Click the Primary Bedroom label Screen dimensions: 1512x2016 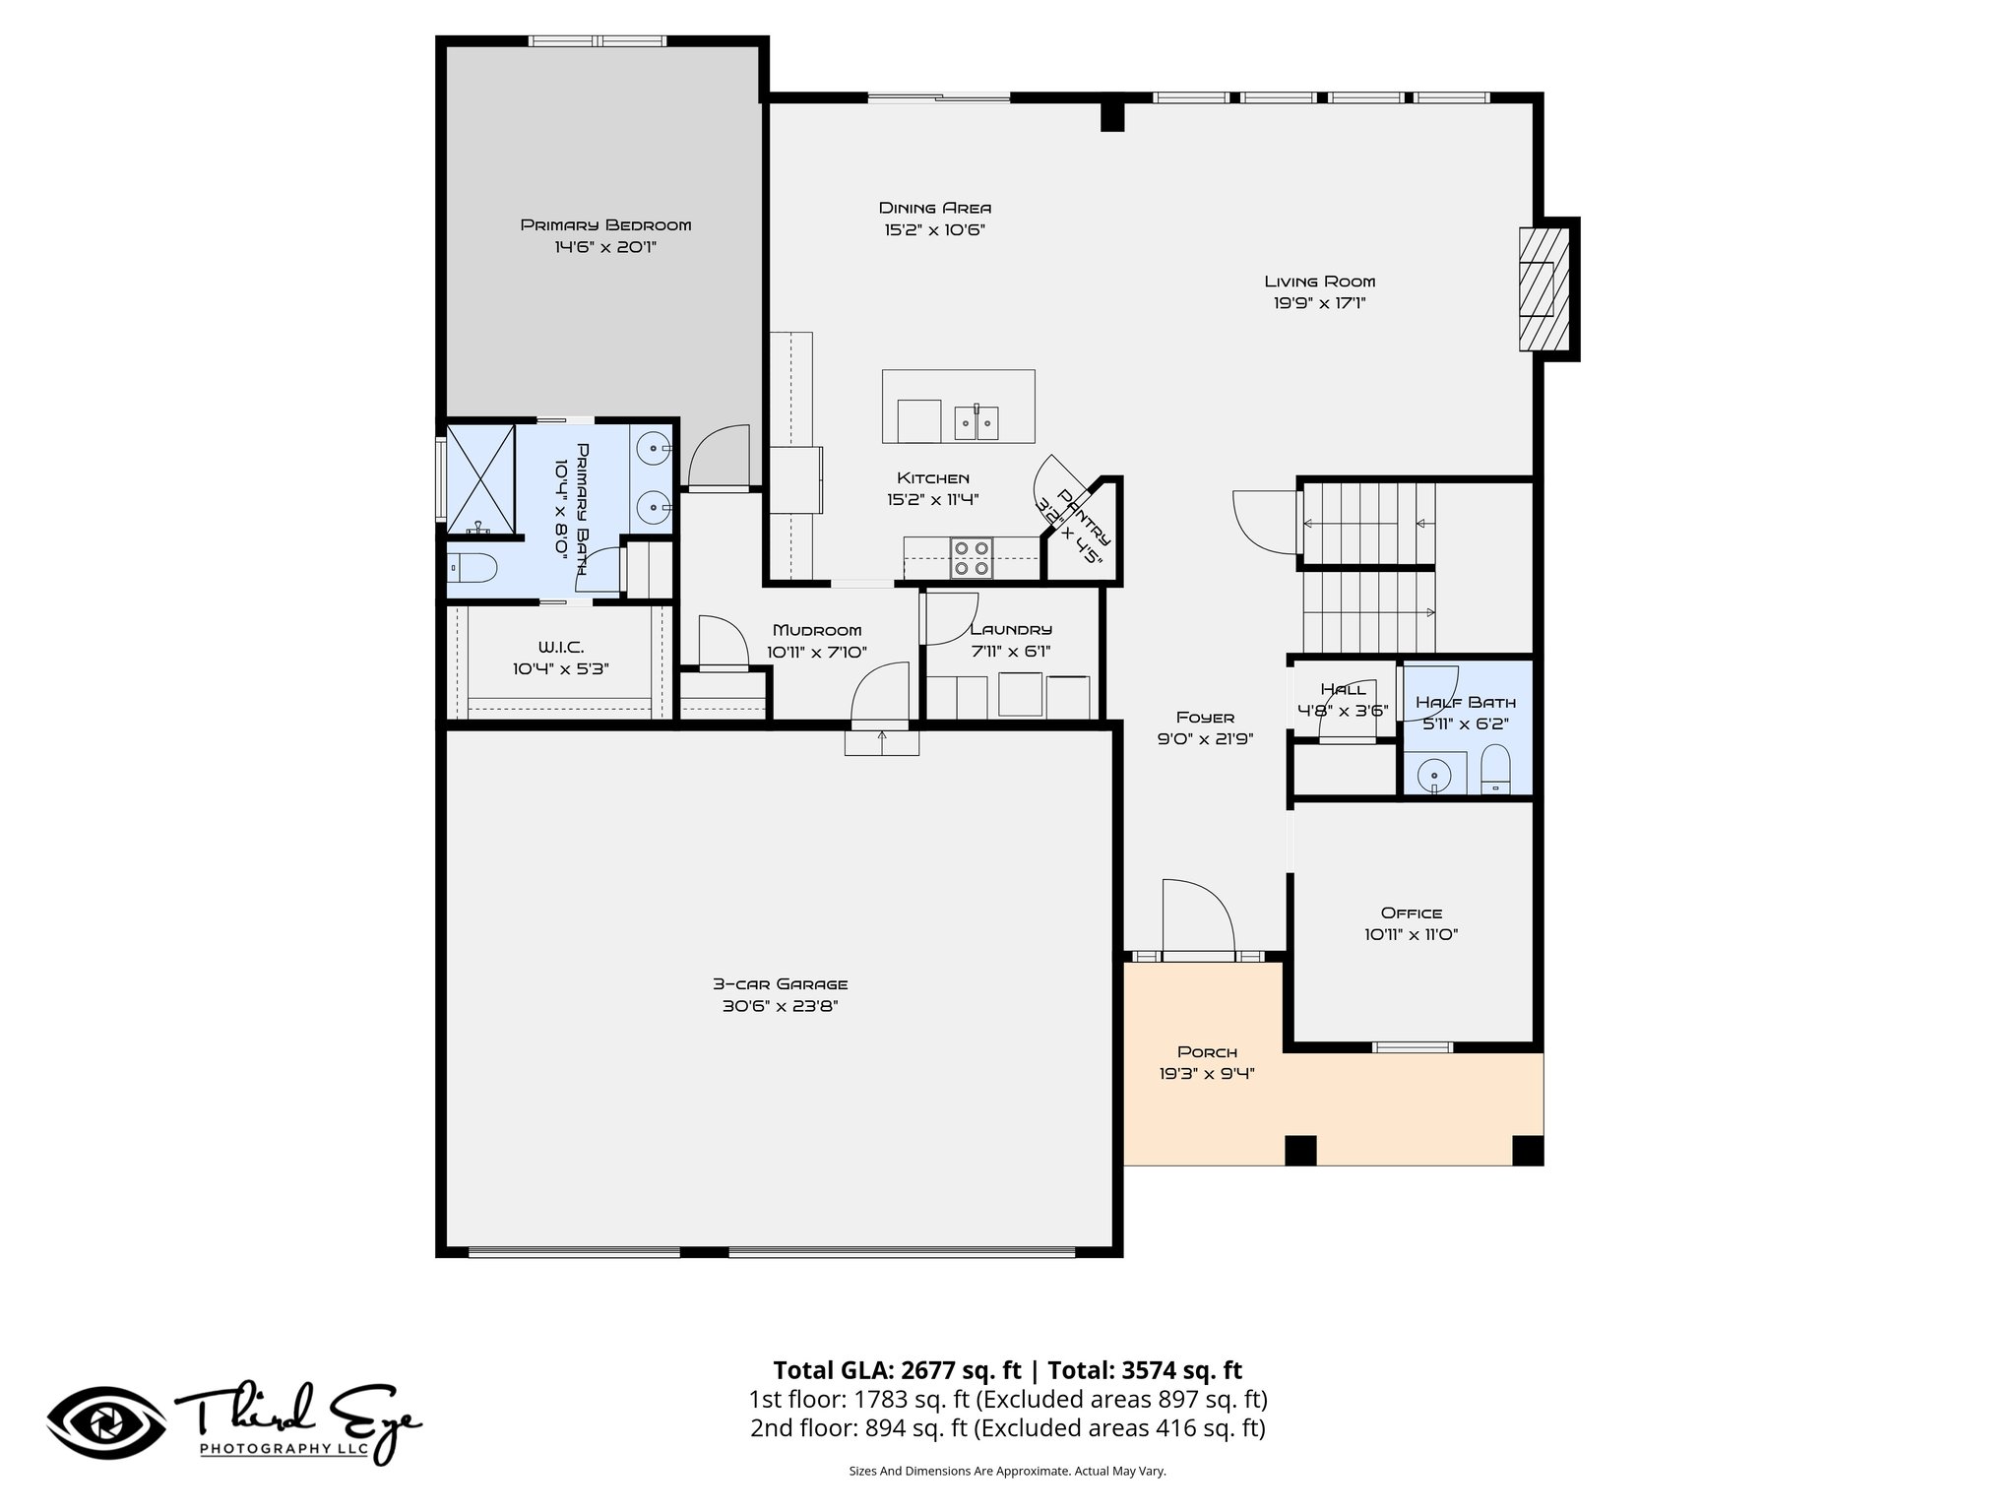(605, 225)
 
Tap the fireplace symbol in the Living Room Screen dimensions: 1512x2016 (1543, 288)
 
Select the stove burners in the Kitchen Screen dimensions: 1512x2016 (971, 558)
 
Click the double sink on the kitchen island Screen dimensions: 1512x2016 (976, 422)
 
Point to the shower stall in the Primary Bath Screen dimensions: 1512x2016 (480, 479)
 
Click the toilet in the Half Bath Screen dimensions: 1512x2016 (1495, 769)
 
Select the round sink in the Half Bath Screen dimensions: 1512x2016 (1434, 775)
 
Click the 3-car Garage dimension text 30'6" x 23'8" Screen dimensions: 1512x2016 (779, 1006)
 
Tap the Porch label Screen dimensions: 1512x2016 (1207, 1052)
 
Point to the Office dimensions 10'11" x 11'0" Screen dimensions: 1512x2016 (1411, 935)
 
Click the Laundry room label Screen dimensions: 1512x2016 (1011, 630)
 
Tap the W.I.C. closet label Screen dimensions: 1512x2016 (561, 647)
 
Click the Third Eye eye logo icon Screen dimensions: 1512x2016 (106, 1423)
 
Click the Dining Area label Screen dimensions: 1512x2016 (934, 208)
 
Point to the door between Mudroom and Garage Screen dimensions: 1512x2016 (880, 697)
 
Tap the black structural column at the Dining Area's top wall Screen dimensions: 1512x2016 (1111, 113)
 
